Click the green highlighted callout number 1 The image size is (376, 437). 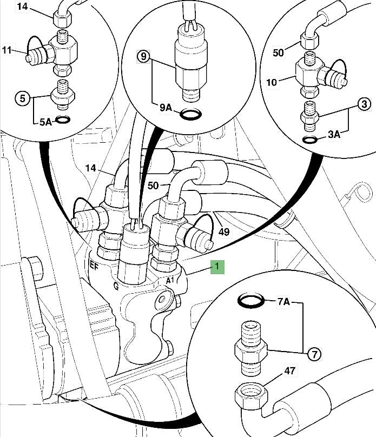click(217, 267)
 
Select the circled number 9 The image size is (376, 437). click(143, 56)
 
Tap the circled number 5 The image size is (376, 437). click(22, 98)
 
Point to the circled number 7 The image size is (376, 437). click(314, 355)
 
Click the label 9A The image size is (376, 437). click(166, 108)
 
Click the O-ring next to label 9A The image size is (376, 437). click(190, 115)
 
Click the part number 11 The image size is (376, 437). click(6, 50)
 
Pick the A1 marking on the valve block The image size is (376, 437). click(169, 280)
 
